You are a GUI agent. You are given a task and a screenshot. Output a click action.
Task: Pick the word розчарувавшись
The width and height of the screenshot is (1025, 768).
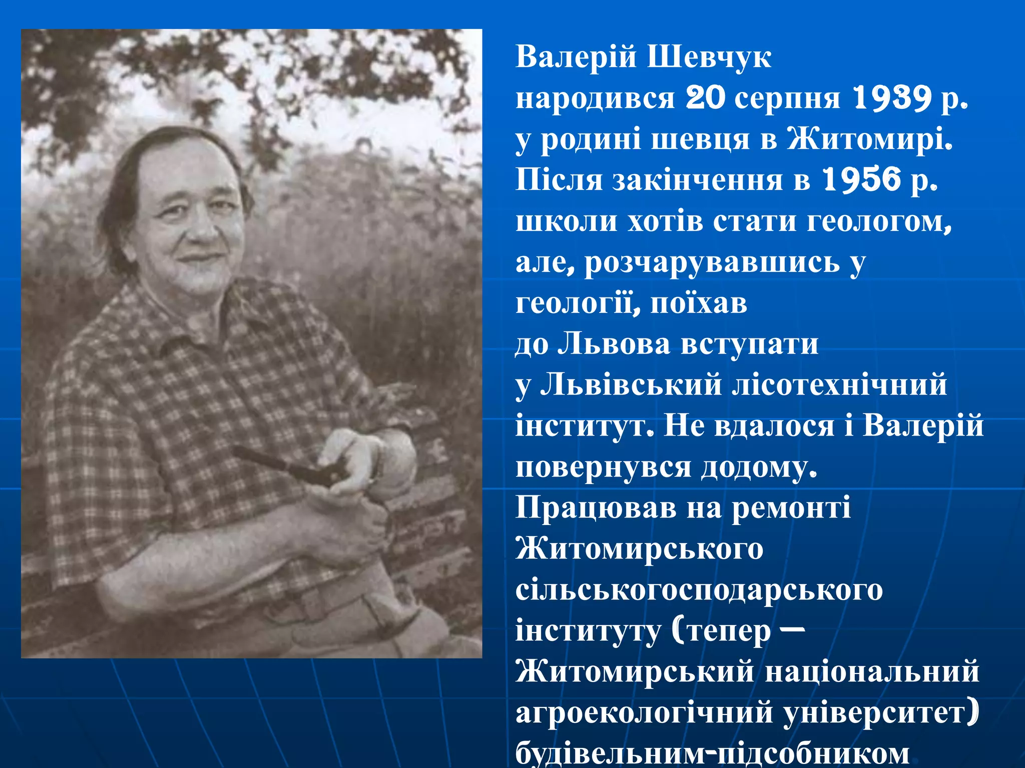(712, 262)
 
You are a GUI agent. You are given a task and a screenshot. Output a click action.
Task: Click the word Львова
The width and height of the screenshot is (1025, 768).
(614, 344)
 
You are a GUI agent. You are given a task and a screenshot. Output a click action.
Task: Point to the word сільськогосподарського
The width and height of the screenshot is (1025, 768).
(699, 590)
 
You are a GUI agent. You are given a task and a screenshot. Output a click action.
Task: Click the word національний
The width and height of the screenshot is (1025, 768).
(872, 671)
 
